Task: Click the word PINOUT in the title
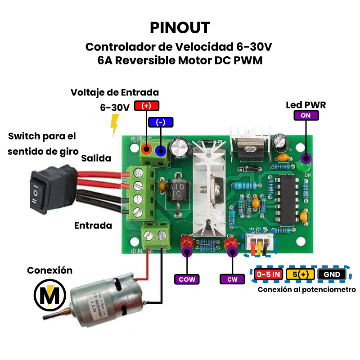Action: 180,27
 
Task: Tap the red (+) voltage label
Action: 147,106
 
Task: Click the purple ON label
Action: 306,115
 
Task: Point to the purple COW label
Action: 187,279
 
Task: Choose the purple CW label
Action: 232,279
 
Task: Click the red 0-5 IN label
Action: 268,274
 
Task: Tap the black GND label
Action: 332,274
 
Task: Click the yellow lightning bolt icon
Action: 115,124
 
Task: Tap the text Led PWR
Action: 306,105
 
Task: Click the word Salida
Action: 96,158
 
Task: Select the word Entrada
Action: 93,225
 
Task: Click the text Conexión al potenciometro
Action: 307,290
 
